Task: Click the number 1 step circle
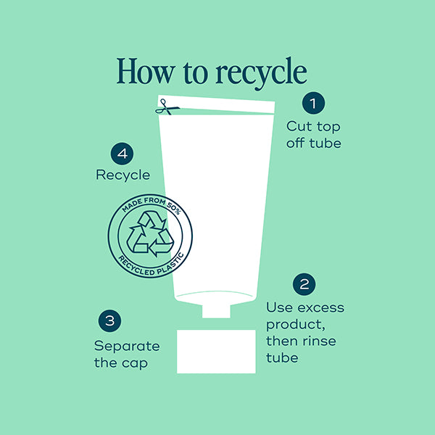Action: click(313, 103)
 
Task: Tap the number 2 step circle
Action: click(304, 284)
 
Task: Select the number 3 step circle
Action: click(109, 320)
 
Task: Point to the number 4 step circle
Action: click(122, 154)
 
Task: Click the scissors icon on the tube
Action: click(167, 107)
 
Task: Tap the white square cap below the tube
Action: click(216, 352)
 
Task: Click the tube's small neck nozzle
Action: click(216, 311)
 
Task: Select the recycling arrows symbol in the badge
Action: click(150, 233)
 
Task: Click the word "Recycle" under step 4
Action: click(123, 175)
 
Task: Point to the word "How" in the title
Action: click(146, 71)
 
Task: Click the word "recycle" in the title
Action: click(261, 72)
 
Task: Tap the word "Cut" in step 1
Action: click(299, 126)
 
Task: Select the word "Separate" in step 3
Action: click(127, 347)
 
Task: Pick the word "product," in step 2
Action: click(296, 325)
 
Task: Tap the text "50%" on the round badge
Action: click(174, 208)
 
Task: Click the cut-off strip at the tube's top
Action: click(216, 104)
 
